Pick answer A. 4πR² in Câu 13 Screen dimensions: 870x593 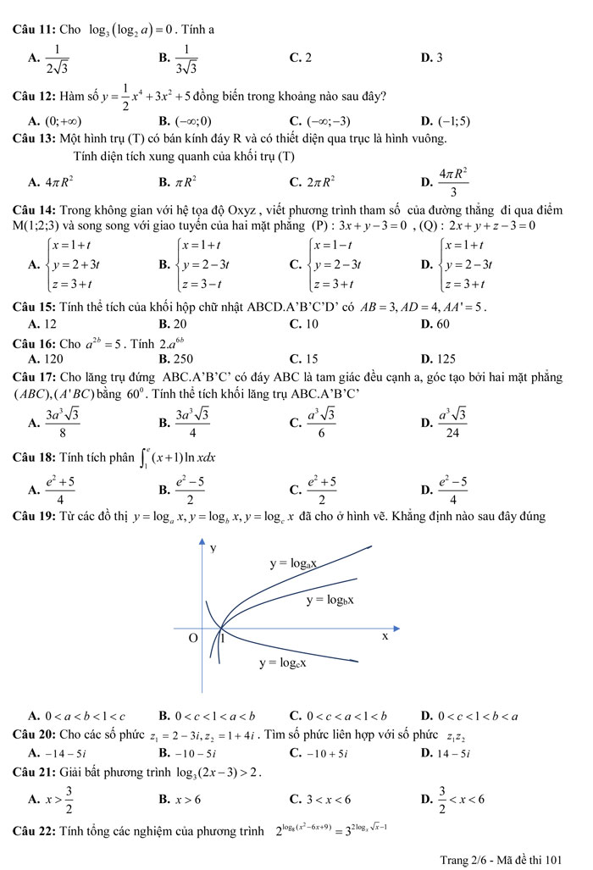(51, 180)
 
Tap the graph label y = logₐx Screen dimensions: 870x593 (293, 562)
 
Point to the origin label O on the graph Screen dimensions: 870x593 (192, 637)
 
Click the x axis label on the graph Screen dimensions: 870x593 (385, 635)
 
